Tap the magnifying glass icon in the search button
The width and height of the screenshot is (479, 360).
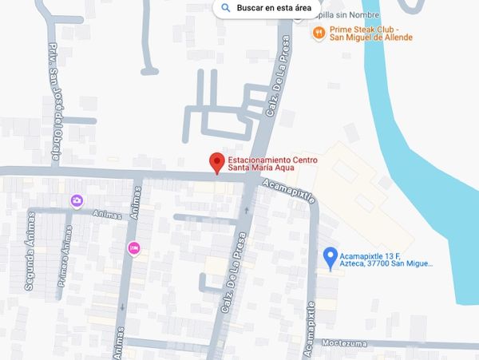pyautogui.click(x=226, y=8)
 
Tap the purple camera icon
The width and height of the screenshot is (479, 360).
pyautogui.click(x=77, y=200)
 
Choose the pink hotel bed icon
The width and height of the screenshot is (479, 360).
pyautogui.click(x=133, y=249)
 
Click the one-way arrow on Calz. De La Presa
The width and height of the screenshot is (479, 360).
pyautogui.click(x=247, y=211)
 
